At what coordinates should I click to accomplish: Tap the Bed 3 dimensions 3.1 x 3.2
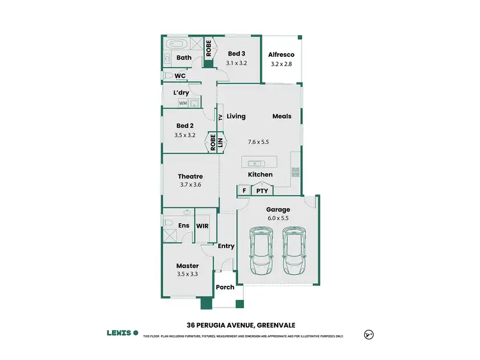coord(236,63)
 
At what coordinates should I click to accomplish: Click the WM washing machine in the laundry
coord(183,103)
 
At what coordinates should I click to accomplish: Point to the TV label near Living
coord(220,117)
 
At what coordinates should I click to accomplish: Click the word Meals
coord(282,116)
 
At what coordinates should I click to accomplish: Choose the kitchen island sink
coord(253,162)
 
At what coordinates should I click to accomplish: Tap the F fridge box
coord(243,191)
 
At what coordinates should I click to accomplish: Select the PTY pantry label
coord(262,191)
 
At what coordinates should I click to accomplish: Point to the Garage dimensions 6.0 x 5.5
coord(278,218)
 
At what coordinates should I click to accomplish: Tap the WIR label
coord(202,226)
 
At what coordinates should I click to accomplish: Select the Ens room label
coord(183,226)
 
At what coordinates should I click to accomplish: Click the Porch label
coord(225,287)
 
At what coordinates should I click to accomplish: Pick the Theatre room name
coord(190,176)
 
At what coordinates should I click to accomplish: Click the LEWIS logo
coord(122,333)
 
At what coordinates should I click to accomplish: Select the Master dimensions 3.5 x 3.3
coord(187,274)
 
